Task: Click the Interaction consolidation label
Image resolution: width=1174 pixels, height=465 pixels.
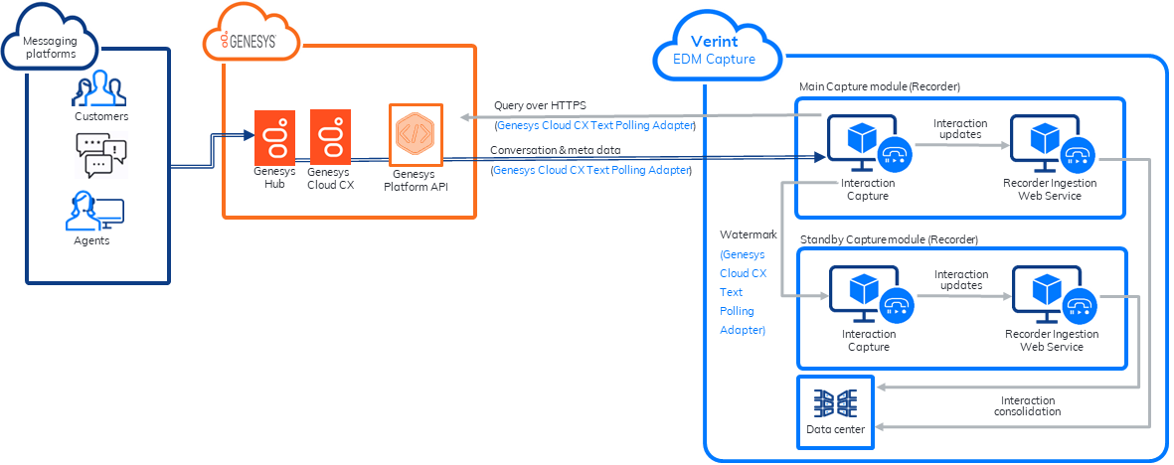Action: click(1028, 405)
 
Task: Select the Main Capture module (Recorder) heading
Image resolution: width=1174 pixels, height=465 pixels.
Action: click(879, 86)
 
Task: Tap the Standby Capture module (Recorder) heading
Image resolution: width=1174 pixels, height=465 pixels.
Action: click(889, 239)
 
